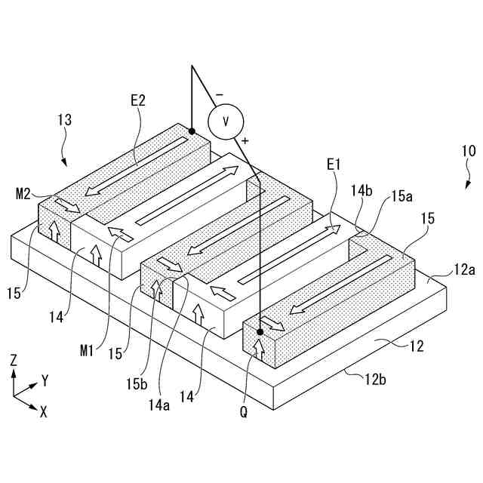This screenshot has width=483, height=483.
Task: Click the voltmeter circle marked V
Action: point(225,121)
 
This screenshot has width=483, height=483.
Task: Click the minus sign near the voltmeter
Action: point(219,94)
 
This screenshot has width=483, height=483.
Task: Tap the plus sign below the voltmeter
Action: point(245,140)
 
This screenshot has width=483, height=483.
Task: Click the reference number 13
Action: point(65,119)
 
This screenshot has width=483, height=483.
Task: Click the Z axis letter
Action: point(13,361)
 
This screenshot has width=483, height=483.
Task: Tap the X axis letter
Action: point(44,413)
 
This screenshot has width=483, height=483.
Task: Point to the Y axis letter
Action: point(45,380)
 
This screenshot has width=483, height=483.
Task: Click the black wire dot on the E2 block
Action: point(192,131)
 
